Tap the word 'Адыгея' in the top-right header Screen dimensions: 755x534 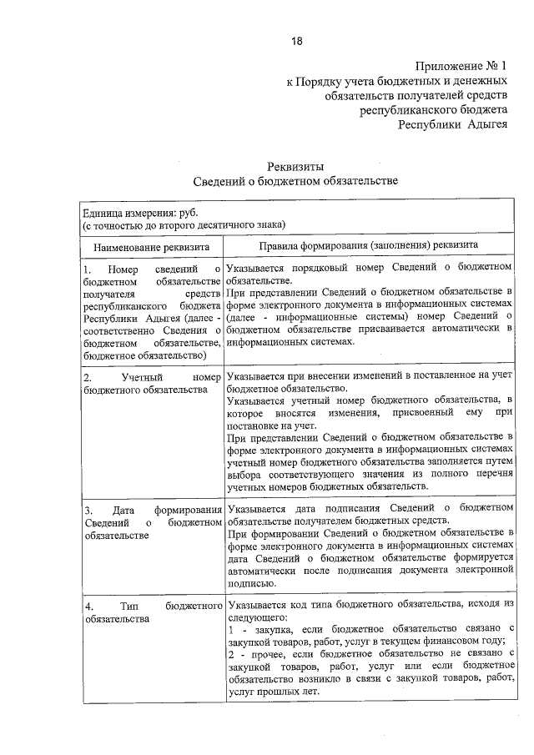tap(479, 124)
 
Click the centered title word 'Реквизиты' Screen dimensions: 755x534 tap(296, 166)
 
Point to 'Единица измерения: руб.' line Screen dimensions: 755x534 tap(136, 213)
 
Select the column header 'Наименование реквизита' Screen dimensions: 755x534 tap(150, 247)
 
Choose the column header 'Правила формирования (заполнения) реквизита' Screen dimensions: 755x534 tap(367, 246)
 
